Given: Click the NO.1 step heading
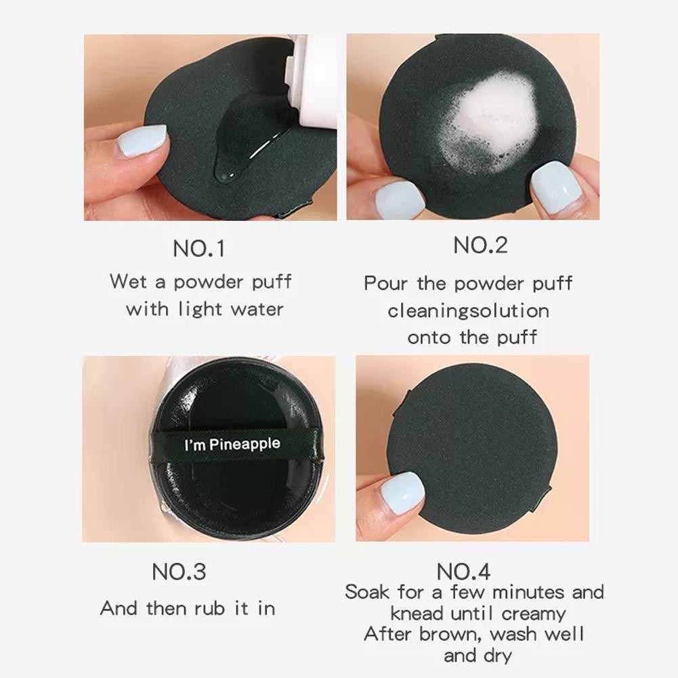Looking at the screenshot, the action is tap(199, 249).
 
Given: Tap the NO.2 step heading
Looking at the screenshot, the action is tap(480, 245).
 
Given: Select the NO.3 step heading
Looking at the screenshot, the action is tap(179, 572).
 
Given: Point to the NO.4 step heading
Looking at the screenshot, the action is tap(463, 572).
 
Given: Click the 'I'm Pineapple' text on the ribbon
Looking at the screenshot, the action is tap(232, 444).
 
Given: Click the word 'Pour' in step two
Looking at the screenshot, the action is tap(385, 284).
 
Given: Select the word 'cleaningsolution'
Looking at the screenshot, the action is tap(468, 311).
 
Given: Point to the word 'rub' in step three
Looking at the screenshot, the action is tap(209, 608).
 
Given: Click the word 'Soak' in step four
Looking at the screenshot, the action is tap(366, 592).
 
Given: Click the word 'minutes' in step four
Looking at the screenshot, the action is tap(528, 592).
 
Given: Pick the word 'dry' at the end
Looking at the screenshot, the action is tap(497, 656).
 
